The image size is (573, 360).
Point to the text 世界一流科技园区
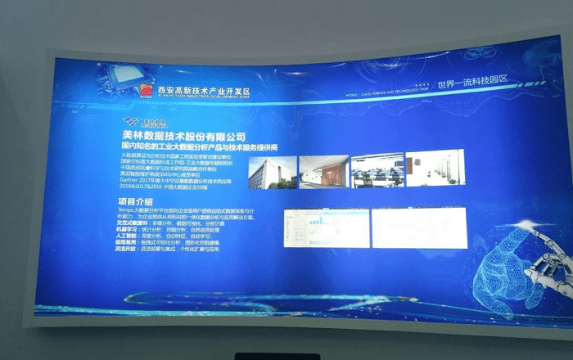pos(472,83)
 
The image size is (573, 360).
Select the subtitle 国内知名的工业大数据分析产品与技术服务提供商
pos(200,147)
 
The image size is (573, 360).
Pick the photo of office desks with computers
pos(376,169)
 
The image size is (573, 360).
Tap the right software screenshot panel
pos(413,227)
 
